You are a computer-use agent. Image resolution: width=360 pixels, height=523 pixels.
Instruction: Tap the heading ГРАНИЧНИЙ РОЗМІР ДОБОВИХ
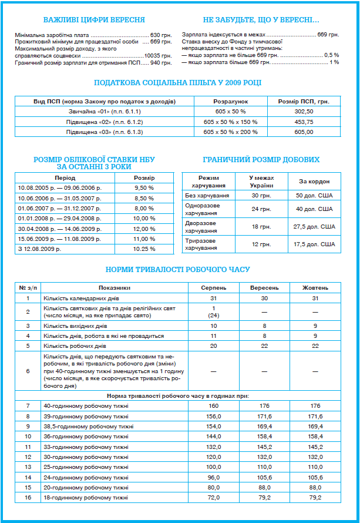tap(261, 160)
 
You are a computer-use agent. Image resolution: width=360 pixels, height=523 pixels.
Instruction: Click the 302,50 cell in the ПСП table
tap(304, 111)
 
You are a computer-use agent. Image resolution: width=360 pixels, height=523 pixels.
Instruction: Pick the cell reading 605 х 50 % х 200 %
tap(231, 132)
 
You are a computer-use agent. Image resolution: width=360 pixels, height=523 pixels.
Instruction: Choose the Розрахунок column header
tap(231, 101)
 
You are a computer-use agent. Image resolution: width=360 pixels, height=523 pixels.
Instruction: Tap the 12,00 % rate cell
tap(144, 229)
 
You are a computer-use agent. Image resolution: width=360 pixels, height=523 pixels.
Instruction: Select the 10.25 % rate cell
tap(144, 249)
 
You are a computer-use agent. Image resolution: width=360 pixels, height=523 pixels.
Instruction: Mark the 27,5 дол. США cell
tap(315, 226)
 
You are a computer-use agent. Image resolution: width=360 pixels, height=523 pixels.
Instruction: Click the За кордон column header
tap(315, 182)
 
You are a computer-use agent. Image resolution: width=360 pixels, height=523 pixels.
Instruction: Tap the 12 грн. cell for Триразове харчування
tap(261, 244)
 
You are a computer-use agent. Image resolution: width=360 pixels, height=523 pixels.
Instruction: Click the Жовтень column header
tap(315, 288)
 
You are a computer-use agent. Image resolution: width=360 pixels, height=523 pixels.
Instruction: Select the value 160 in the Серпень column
tap(214, 406)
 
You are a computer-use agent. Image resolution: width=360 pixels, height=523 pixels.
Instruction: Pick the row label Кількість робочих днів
tap(75, 346)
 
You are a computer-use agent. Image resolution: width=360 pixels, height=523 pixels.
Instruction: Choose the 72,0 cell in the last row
tap(214, 498)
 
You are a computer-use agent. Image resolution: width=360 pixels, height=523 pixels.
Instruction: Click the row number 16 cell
tap(28, 498)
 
